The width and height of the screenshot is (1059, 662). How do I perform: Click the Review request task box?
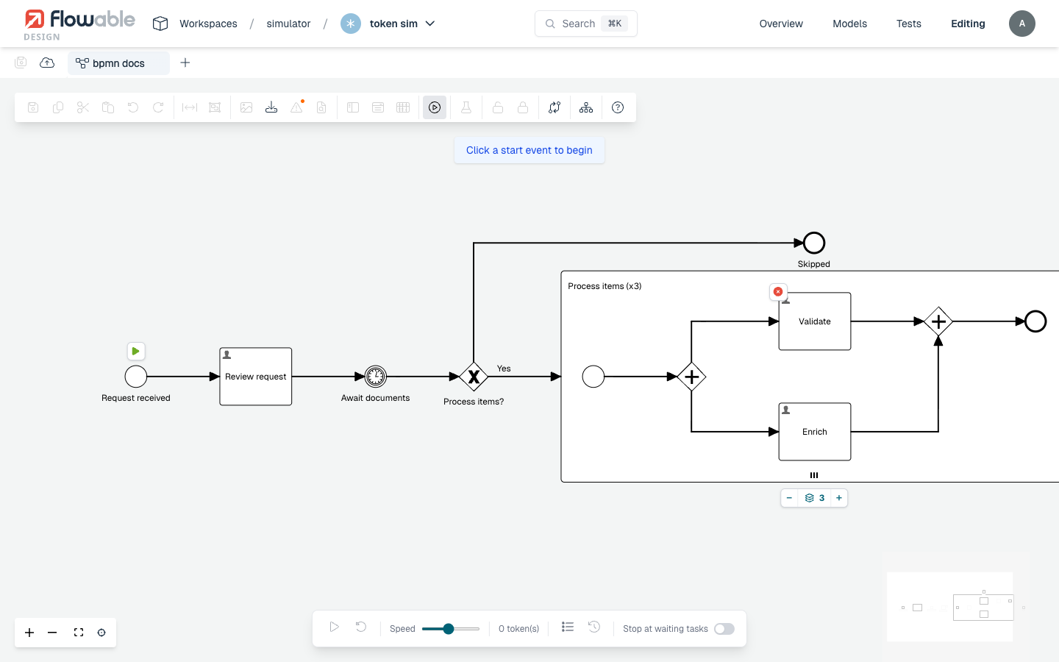[x=255, y=377]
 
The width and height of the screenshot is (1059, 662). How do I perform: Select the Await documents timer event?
[x=375, y=377]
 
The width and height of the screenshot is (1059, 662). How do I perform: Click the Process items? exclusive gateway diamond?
[x=474, y=377]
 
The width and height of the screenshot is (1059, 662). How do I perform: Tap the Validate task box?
[x=815, y=321]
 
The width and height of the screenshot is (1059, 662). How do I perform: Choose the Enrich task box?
[x=815, y=431]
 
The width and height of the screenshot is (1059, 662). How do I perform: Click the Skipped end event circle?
[x=813, y=243]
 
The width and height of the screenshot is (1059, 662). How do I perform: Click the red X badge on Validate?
[x=778, y=292]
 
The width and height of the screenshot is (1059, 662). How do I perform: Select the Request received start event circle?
[x=135, y=377]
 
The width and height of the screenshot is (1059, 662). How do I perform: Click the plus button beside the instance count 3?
[x=838, y=497]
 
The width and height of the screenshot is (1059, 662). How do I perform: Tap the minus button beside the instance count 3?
[x=789, y=497]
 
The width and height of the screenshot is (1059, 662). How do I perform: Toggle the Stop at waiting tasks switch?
[x=724, y=628]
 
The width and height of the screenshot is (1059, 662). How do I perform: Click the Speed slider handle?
[x=448, y=628]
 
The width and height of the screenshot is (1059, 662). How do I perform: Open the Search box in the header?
[x=585, y=24]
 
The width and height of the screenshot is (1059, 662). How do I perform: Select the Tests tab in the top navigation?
[x=909, y=24]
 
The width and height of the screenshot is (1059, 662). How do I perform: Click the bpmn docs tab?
[x=118, y=63]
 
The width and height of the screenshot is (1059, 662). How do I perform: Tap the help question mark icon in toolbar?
[x=618, y=107]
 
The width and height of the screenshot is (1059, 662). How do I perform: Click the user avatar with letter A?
[x=1021, y=24]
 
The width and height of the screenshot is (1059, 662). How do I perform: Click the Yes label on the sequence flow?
[x=504, y=369]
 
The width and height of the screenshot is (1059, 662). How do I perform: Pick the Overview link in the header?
[x=781, y=24]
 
